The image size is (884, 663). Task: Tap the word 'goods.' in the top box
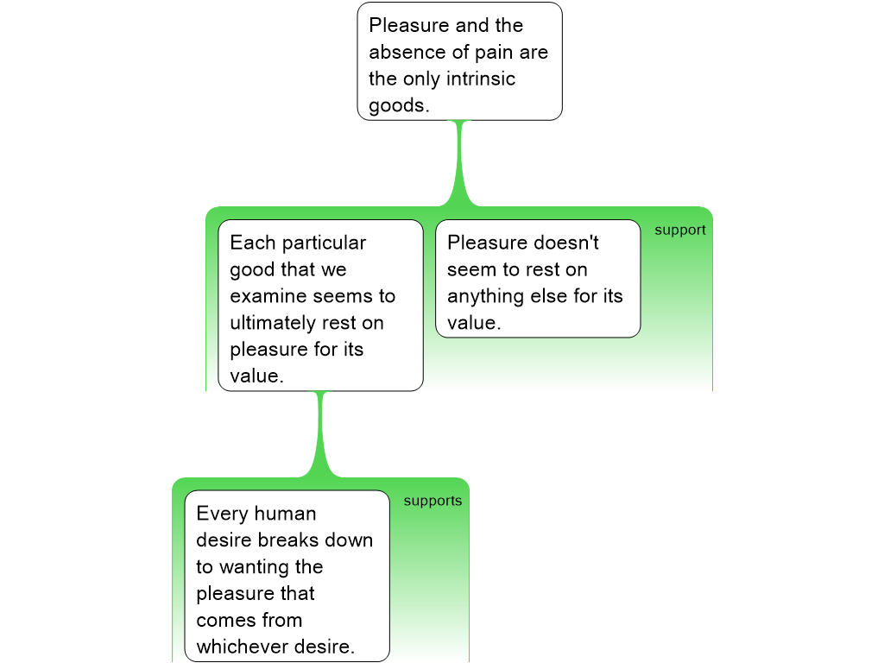pyautogui.click(x=399, y=105)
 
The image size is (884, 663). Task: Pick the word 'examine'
pyautogui.click(x=268, y=296)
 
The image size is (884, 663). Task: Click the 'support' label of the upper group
pyautogui.click(x=680, y=230)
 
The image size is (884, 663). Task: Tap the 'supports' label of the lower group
pyautogui.click(x=433, y=501)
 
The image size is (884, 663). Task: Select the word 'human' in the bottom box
pyautogui.click(x=285, y=514)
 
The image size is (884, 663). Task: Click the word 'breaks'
pyautogui.click(x=284, y=540)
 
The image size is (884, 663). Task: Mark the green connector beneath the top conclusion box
pyautogui.click(x=460, y=163)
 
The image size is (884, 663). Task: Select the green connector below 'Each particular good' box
pyautogui.click(x=321, y=434)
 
